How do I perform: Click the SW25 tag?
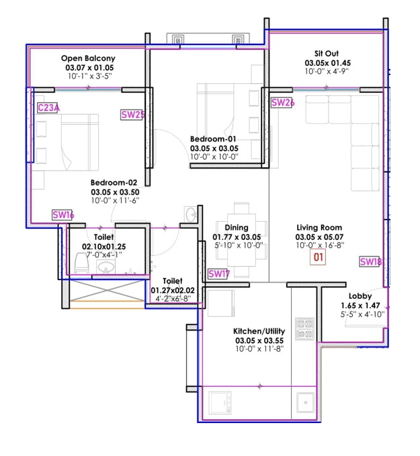coord(133,114)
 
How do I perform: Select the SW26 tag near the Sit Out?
coord(283,103)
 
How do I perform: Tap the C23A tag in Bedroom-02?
coord(48,107)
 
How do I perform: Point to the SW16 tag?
coord(62,215)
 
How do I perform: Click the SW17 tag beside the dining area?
coord(219,274)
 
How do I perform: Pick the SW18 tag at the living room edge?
coord(370,262)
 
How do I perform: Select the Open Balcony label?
coord(88,58)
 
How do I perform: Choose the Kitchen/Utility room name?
coord(259,332)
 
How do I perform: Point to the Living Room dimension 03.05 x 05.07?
coord(319,237)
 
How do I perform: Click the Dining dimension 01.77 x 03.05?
coord(236,237)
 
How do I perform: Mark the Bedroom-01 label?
coord(214,139)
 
